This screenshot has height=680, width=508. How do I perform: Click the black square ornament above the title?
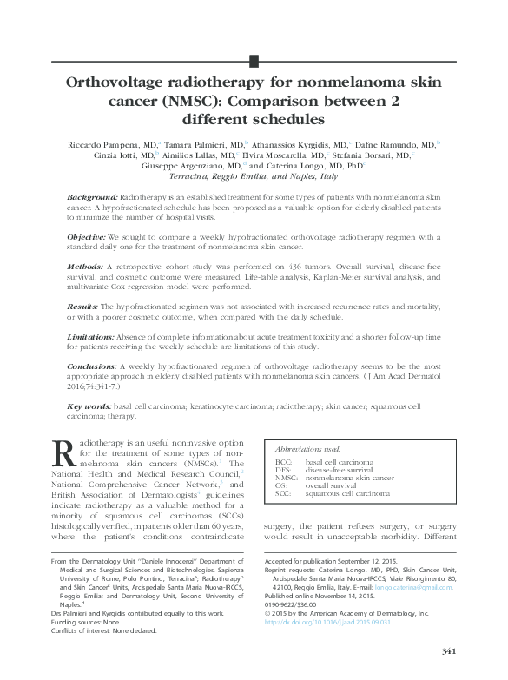tap(254, 60)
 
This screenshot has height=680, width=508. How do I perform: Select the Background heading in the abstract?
tap(92, 199)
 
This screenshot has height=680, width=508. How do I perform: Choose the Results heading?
tap(83, 307)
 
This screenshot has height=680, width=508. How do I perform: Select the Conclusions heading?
tap(92, 367)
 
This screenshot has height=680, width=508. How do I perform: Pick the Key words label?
tap(88, 406)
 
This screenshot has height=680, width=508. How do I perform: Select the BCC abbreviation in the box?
tap(283, 463)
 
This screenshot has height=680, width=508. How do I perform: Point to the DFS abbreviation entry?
tap(283, 471)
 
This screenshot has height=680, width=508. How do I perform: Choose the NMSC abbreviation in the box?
tap(287, 479)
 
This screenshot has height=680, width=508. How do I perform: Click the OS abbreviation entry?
tap(280, 486)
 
